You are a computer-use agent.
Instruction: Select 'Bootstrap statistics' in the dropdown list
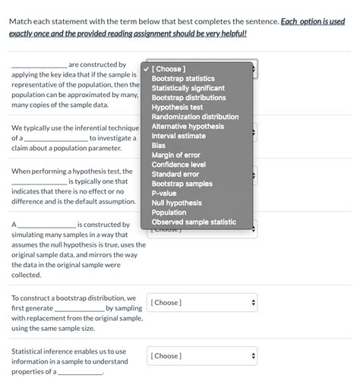pos(182,79)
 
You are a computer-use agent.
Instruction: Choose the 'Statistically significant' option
pos(188,88)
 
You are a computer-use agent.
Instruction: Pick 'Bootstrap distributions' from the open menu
pos(188,98)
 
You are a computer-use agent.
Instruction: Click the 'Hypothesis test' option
pos(177,108)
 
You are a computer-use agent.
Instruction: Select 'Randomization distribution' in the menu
pos(194,117)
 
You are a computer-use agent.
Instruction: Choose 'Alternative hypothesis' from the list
pos(188,127)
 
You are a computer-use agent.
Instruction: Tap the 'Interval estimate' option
pos(178,136)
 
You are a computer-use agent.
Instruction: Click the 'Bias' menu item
pos(159,145)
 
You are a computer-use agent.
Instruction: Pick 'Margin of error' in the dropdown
pos(175,155)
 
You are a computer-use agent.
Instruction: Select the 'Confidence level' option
pos(178,165)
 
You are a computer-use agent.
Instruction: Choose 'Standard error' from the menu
pos(175,174)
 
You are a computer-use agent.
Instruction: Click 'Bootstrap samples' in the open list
pos(182,184)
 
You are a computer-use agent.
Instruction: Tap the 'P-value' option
pos(164,193)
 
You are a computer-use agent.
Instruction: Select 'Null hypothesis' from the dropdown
pos(176,203)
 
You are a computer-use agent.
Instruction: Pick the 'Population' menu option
pos(169,213)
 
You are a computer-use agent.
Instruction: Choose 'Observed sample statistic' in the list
pos(193,222)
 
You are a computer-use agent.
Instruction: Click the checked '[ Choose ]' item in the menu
pos(168,69)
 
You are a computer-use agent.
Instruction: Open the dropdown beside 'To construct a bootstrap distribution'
pos(203,303)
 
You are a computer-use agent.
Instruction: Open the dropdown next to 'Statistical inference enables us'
pos(203,356)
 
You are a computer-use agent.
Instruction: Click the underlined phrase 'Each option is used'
pos(313,21)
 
